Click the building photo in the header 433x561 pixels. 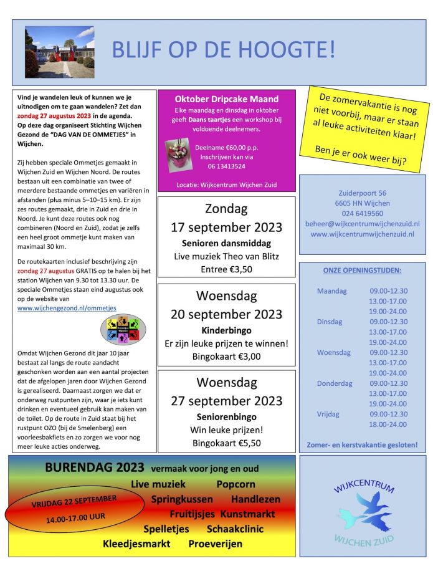59,52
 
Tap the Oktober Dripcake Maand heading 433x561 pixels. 226,98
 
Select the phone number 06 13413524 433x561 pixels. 226,166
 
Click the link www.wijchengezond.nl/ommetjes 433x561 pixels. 67,308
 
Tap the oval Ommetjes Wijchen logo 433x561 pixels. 123,329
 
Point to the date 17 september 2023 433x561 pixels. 226,227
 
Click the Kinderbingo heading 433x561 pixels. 226,329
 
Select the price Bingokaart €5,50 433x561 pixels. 226,443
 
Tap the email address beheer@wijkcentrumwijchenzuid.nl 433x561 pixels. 363,224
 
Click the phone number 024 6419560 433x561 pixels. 363,213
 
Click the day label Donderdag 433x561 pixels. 335,383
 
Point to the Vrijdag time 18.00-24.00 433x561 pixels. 388,424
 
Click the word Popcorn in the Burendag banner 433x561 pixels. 236,484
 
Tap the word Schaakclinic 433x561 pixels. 235,529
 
